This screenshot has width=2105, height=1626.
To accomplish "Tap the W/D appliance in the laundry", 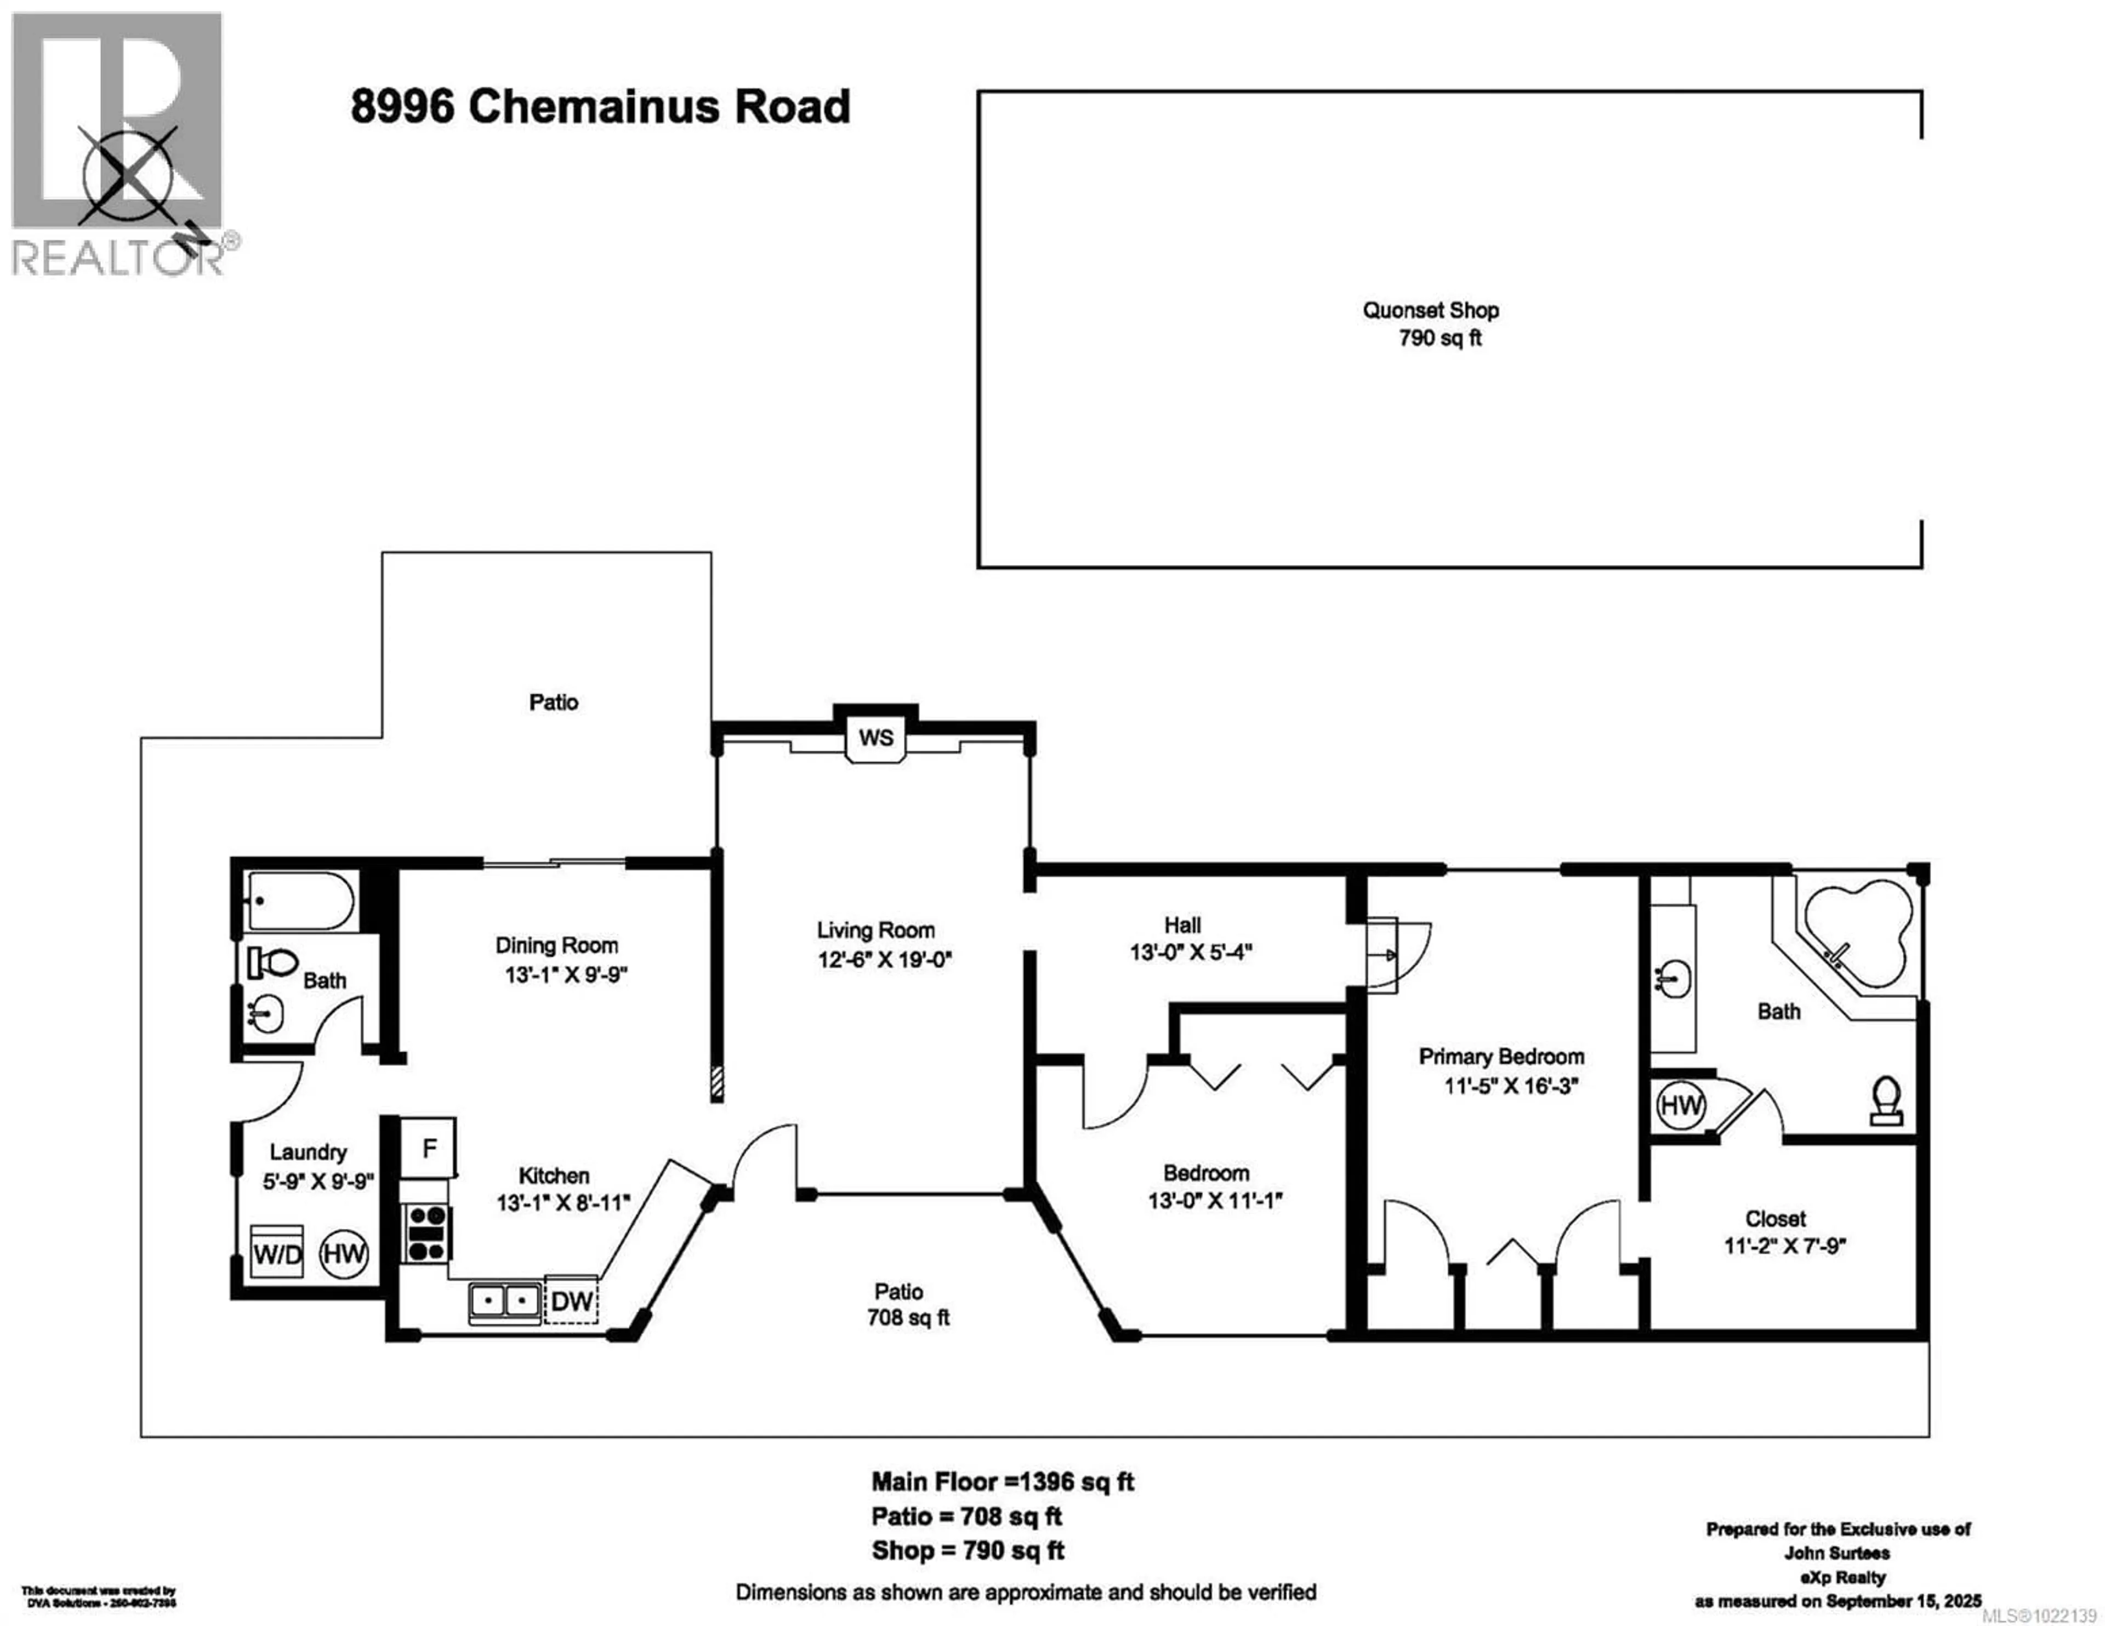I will tap(277, 1253).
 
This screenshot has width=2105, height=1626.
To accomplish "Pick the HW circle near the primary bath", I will tap(1680, 1105).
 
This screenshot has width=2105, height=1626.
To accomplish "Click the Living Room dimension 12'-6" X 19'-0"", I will tap(884, 960).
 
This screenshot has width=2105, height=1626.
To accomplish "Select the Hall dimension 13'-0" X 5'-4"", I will tap(1190, 953).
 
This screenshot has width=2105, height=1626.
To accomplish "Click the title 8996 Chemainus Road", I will tap(600, 106).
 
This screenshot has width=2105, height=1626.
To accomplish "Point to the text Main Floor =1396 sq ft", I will tap(1003, 1481).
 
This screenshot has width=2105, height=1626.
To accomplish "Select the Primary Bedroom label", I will tap(1501, 1057).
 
